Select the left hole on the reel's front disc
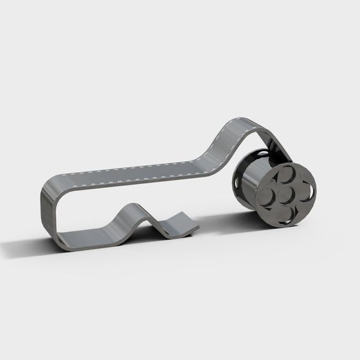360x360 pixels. (269, 195)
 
